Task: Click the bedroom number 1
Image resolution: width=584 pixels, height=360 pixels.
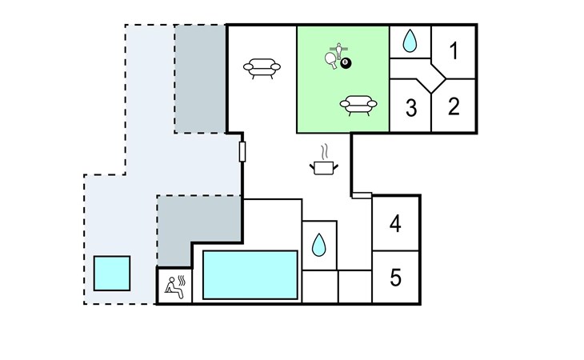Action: [x=454, y=51]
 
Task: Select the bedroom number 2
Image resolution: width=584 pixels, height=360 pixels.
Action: [x=454, y=106]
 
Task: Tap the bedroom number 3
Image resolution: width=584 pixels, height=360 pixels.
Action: [x=411, y=107]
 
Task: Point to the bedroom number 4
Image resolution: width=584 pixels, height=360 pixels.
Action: [x=395, y=224]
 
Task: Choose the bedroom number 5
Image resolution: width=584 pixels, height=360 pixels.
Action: [x=395, y=278]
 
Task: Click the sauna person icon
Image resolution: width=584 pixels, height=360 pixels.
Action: [x=174, y=287]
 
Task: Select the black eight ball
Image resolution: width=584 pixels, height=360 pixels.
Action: [x=346, y=63]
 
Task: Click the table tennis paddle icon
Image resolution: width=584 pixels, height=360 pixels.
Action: [x=331, y=59]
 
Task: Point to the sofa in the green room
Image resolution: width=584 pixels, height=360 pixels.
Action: [x=358, y=106]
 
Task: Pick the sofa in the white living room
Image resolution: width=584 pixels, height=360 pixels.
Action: [x=262, y=69]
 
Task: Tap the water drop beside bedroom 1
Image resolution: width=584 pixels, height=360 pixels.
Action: [x=410, y=41]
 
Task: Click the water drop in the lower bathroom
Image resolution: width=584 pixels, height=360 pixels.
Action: [x=319, y=245]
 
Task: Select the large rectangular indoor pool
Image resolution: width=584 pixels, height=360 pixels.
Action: [x=250, y=275]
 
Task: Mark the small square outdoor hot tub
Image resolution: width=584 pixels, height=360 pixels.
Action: [x=112, y=274]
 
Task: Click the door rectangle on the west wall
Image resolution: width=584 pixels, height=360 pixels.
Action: [x=242, y=151]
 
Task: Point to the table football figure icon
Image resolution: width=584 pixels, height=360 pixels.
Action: [x=338, y=51]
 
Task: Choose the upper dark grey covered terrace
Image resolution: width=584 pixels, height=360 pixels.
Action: [x=200, y=79]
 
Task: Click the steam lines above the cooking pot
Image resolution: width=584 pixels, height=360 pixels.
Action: [x=325, y=151]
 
